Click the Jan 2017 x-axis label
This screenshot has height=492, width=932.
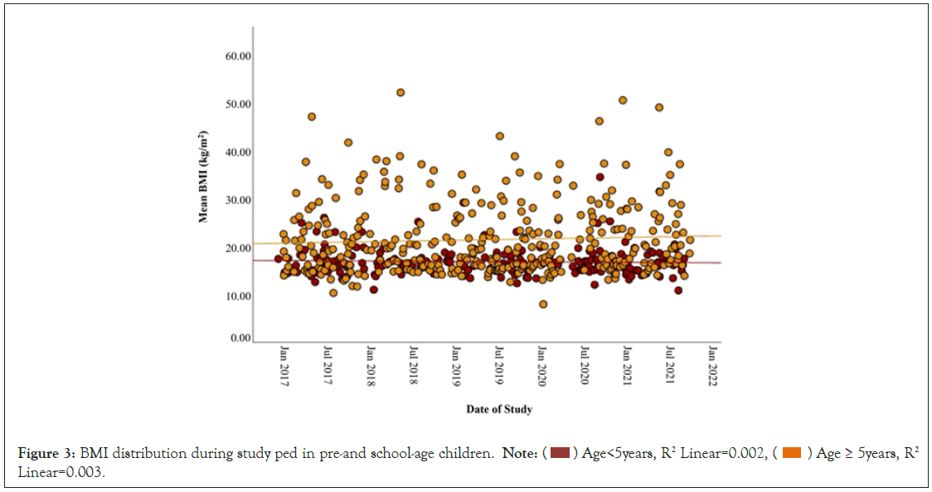click(x=284, y=363)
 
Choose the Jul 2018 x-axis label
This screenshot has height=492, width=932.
click(x=413, y=363)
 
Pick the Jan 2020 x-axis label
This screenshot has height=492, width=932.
click(x=541, y=363)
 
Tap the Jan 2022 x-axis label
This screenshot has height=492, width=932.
click(x=712, y=363)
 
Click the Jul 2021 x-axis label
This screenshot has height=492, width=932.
click(x=670, y=363)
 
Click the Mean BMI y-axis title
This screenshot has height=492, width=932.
click(x=202, y=177)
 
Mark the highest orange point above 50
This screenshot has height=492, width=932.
click(x=400, y=92)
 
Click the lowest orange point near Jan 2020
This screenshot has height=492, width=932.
click(x=543, y=304)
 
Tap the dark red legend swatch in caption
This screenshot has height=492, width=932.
click(x=560, y=452)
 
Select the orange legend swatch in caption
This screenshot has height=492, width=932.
click(x=792, y=452)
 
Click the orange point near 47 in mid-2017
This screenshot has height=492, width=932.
click(x=312, y=117)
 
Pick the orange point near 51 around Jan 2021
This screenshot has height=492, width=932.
click(x=623, y=100)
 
